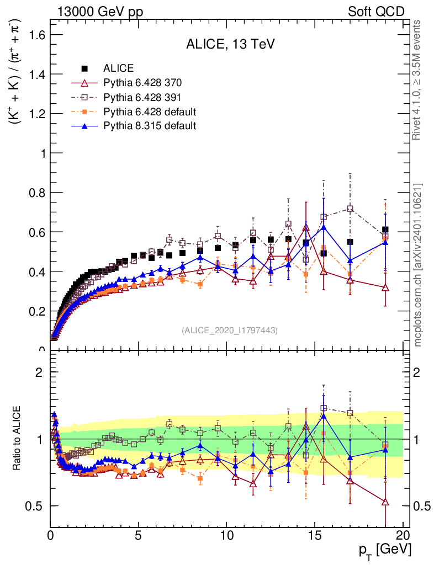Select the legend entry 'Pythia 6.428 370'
tap(142, 83)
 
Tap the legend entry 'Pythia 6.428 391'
tap(142, 97)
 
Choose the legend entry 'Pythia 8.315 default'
tap(150, 126)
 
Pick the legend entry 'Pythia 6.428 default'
tap(150, 111)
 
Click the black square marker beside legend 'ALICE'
tap(84, 68)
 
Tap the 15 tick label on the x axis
tap(315, 535)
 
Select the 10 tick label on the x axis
tap(226, 535)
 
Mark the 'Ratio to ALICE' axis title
tap(17, 438)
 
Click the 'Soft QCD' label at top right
tap(376, 11)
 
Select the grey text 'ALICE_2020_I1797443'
tap(229, 331)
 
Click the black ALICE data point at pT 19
tap(385, 230)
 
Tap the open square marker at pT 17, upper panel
tap(350, 209)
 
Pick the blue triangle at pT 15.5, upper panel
tap(324, 227)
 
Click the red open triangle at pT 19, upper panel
tap(385, 287)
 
